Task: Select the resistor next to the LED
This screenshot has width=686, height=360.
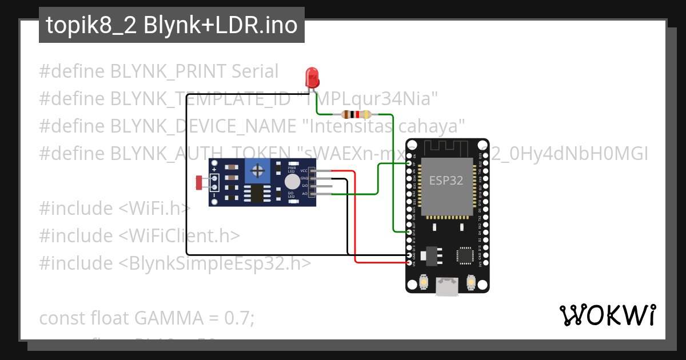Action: coord(356,114)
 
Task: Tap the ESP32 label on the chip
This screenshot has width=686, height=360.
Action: coord(446,180)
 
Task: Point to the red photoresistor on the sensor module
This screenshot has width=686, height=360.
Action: coord(200,182)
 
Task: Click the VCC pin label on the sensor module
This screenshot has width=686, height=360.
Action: coord(304,171)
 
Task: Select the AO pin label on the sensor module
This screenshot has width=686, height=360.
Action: coord(305,194)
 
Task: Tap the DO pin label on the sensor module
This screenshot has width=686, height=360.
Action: coord(305,186)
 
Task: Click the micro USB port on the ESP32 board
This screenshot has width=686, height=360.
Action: coord(446,287)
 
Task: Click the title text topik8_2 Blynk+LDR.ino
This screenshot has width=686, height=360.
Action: coord(171,25)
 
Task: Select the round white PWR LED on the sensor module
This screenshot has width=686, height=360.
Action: coord(292,182)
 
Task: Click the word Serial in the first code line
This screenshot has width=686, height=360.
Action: coord(255,71)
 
